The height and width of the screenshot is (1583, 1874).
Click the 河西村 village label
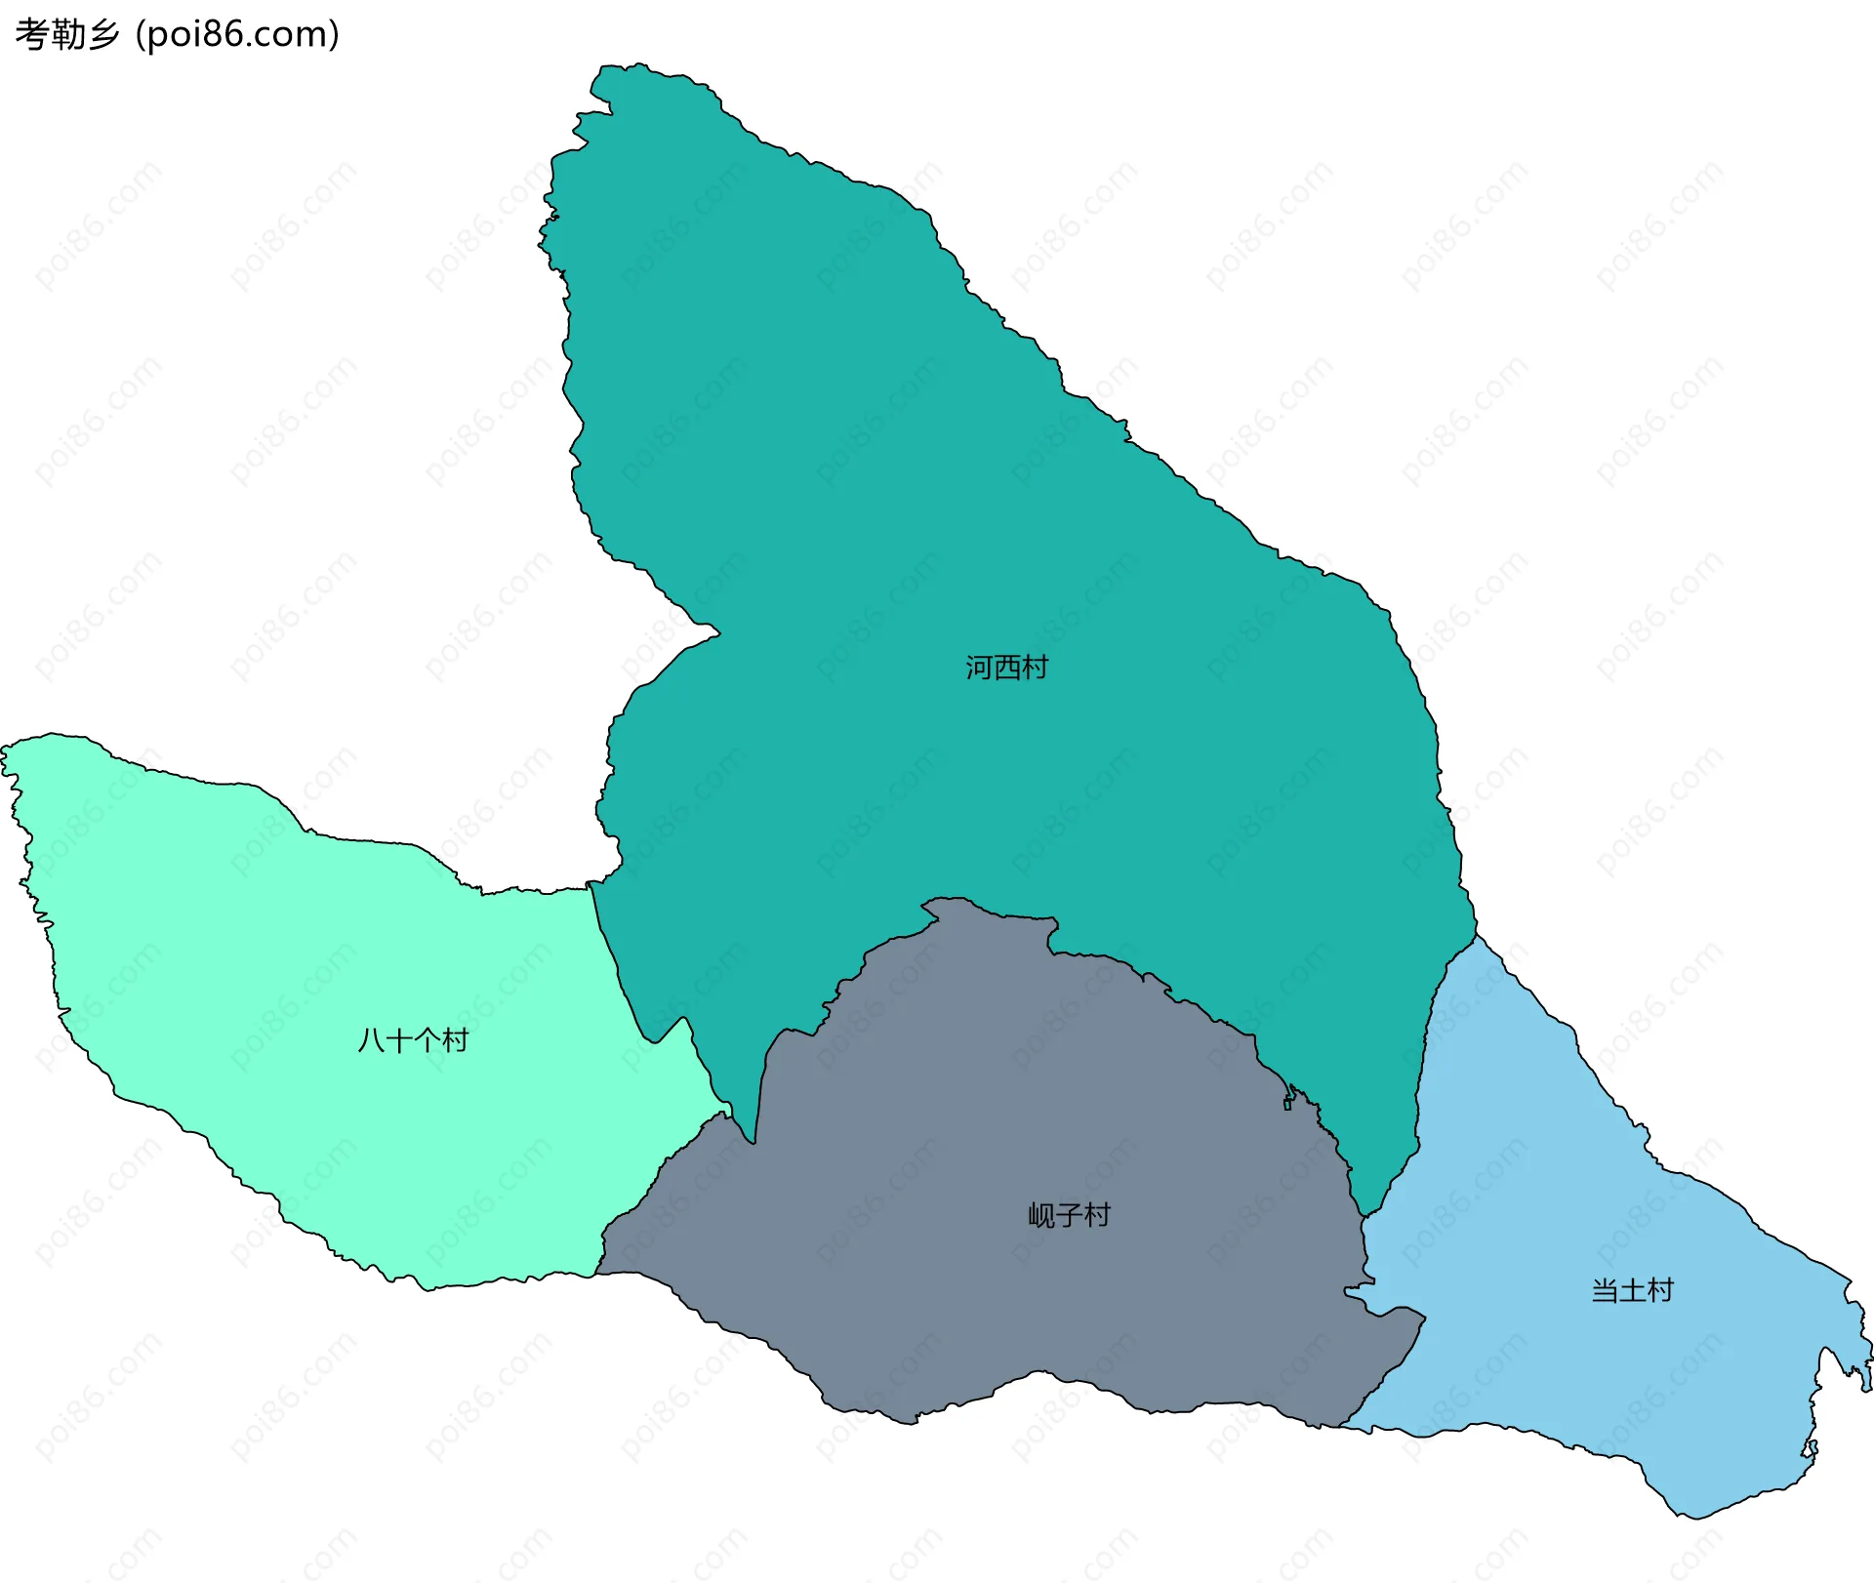pos(1006,668)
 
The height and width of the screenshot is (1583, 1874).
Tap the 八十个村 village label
pos(413,1040)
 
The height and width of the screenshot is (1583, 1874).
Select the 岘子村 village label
pos(1069,1215)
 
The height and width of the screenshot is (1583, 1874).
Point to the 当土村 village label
pos(1632,1290)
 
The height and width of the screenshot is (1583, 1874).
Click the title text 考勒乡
pos(67,34)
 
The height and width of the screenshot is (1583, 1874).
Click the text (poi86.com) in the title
pos(237,34)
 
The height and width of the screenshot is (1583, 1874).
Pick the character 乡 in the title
pos(103,34)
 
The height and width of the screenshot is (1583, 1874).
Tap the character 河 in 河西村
pos(979,668)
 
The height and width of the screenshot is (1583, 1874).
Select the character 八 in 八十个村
pos(372,1040)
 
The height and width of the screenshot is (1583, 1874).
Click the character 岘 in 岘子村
pos(1041,1215)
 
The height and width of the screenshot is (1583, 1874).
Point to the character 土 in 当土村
pos(1632,1290)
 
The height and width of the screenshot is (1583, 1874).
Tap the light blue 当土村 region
pos(1610,1366)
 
